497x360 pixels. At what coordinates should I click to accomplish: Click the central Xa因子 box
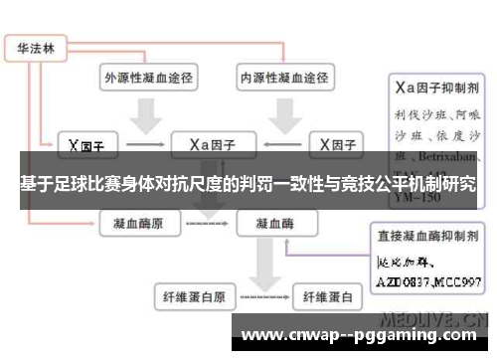click(x=213, y=144)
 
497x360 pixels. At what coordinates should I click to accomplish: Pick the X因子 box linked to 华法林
click(x=87, y=145)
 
